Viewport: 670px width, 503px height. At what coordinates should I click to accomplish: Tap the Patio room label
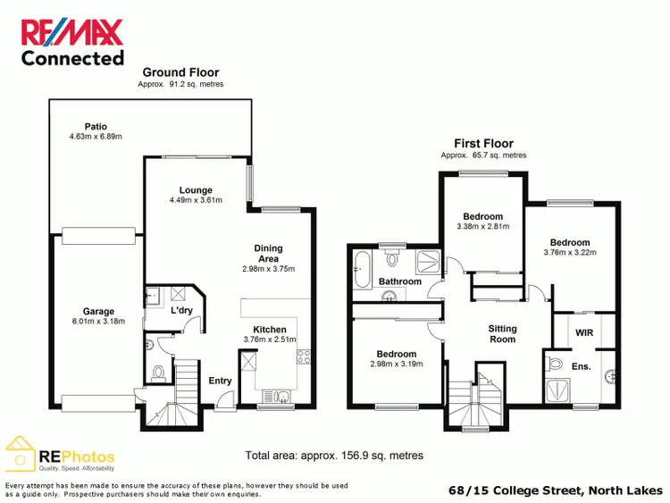point(96,127)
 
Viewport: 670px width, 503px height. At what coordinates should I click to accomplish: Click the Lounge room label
point(195,189)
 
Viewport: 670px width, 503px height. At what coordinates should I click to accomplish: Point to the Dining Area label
point(268,254)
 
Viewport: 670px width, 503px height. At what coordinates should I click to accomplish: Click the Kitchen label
point(269,329)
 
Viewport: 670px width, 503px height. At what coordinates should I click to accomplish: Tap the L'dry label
point(181,310)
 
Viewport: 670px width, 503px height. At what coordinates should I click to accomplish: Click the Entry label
point(220,381)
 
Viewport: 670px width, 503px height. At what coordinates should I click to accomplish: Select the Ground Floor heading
point(180,72)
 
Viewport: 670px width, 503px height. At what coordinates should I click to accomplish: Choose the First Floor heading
point(482,143)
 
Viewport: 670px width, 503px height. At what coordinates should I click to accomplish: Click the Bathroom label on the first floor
point(399,281)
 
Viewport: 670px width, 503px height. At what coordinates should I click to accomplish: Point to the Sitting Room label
point(502,334)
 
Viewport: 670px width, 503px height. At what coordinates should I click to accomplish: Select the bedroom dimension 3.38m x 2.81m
point(482,227)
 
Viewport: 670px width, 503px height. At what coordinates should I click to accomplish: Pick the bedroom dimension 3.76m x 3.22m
point(569,253)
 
